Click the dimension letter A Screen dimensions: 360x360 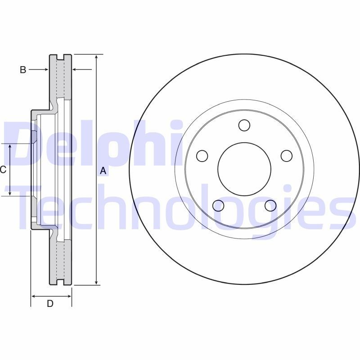(x=103, y=171)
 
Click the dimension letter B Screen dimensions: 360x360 (x=23, y=69)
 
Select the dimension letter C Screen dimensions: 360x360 (x=3, y=170)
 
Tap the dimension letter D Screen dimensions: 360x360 (x=50, y=303)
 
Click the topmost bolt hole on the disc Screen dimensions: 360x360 (x=244, y=125)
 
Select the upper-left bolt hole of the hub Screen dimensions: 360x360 (x=202, y=156)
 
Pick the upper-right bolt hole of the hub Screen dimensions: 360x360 (x=287, y=156)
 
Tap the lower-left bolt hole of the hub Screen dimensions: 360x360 (x=218, y=206)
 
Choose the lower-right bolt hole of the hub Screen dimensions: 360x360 (x=270, y=206)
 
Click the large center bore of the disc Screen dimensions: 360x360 (x=244, y=169)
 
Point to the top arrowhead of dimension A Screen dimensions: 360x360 (x=96, y=57)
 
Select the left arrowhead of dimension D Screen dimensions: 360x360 (x=34, y=296)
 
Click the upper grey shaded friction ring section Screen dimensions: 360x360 (x=60, y=76)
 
